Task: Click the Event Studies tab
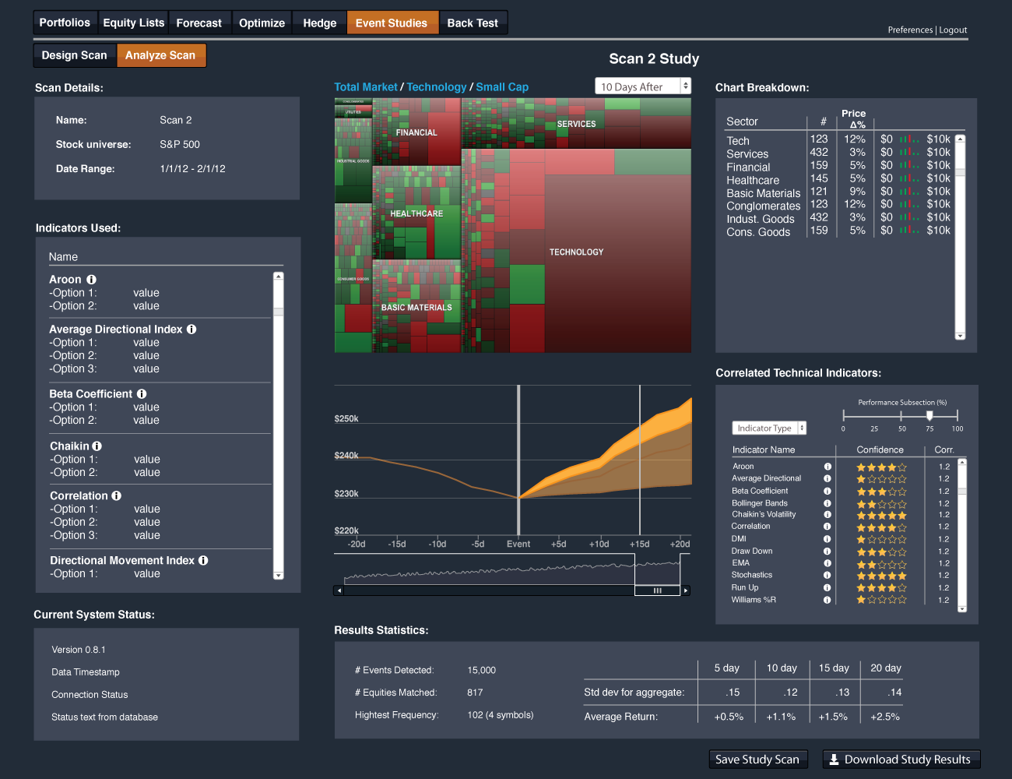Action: pos(392,23)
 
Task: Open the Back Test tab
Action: pos(473,23)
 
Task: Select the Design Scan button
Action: pos(75,55)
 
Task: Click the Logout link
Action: pos(953,30)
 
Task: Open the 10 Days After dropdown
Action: pos(642,86)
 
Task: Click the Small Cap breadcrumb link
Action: pos(502,87)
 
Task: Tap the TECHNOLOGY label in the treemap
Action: pos(576,252)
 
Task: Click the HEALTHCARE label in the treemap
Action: pos(416,213)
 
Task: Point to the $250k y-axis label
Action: pos(346,419)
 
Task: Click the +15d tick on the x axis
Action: pos(639,545)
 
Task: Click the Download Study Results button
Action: pos(901,760)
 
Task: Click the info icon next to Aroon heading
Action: pos(91,280)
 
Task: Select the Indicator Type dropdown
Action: pos(769,428)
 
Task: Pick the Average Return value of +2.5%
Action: pos(885,717)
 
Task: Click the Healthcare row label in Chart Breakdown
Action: pos(753,180)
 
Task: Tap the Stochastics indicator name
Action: pos(752,575)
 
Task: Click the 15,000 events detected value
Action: pos(481,671)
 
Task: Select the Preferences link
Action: pos(910,30)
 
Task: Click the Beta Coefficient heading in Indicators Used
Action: pos(90,394)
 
